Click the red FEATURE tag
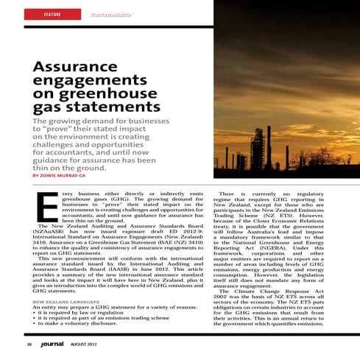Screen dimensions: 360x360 click(52, 14)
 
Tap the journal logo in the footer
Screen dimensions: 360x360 click(52, 342)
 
